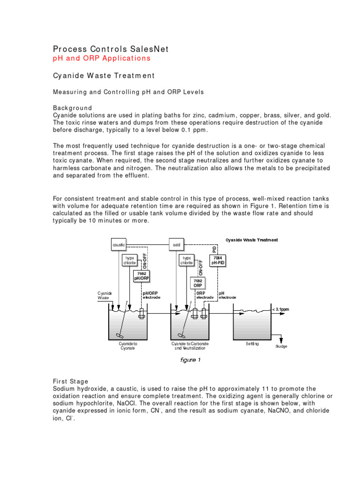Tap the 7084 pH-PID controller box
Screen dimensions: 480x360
[x=217, y=260]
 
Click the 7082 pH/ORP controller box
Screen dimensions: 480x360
[x=142, y=276]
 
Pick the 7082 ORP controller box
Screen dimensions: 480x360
[x=198, y=283]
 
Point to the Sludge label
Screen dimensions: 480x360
[x=281, y=346]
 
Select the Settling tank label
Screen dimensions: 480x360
[x=252, y=344]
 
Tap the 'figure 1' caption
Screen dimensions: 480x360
[x=191, y=360]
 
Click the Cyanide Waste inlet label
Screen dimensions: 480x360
[x=105, y=295]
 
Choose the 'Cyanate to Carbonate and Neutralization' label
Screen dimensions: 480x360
[x=191, y=346]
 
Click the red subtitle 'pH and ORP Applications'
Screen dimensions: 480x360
[x=101, y=58]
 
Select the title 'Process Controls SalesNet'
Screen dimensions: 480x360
[x=110, y=49]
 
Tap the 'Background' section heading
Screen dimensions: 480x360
[x=72, y=108]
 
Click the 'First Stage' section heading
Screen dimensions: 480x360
[x=70, y=382]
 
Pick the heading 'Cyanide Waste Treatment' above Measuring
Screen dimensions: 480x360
[x=104, y=75]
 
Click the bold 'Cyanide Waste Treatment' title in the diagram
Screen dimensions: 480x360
[x=251, y=240]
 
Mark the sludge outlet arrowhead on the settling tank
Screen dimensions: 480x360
[x=281, y=341]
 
